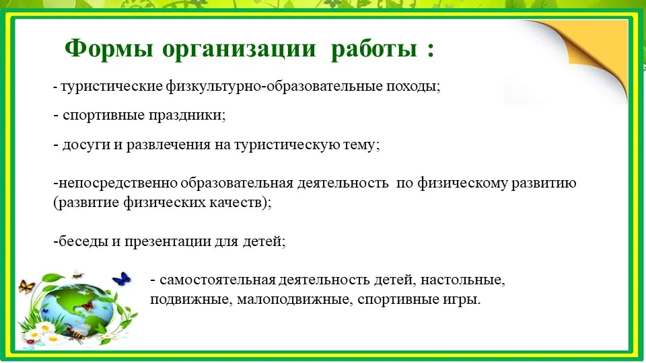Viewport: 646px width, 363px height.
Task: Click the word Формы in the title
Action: click(109, 48)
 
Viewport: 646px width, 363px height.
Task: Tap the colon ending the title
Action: click(431, 50)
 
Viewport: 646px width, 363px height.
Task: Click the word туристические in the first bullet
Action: click(112, 87)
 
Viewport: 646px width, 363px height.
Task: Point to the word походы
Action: click(413, 87)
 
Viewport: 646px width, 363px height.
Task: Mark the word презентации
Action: click(168, 241)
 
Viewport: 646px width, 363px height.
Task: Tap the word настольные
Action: click(463, 280)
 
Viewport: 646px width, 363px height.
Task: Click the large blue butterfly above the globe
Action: click(122, 279)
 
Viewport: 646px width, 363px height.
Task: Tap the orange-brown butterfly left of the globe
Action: click(26, 286)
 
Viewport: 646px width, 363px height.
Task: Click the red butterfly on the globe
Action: click(87, 306)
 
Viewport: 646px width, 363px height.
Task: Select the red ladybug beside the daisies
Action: click(30, 341)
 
